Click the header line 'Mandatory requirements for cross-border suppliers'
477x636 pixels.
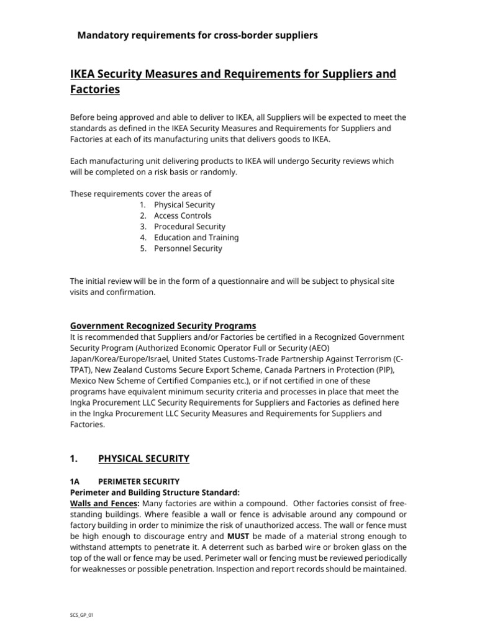point(197,35)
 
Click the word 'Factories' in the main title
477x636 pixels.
point(95,90)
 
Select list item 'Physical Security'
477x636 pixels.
point(184,204)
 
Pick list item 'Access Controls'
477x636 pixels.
point(183,216)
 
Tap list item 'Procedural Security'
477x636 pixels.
point(189,227)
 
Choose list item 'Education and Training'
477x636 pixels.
point(196,237)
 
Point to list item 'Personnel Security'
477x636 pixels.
point(188,248)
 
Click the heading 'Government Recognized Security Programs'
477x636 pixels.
point(163,326)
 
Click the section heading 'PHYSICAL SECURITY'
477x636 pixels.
point(143,459)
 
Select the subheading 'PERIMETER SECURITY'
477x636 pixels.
point(139,481)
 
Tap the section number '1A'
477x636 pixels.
point(75,481)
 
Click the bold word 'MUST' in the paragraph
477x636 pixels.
point(238,536)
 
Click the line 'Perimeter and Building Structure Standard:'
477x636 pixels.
point(153,493)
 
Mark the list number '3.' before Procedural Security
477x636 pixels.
point(143,227)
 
